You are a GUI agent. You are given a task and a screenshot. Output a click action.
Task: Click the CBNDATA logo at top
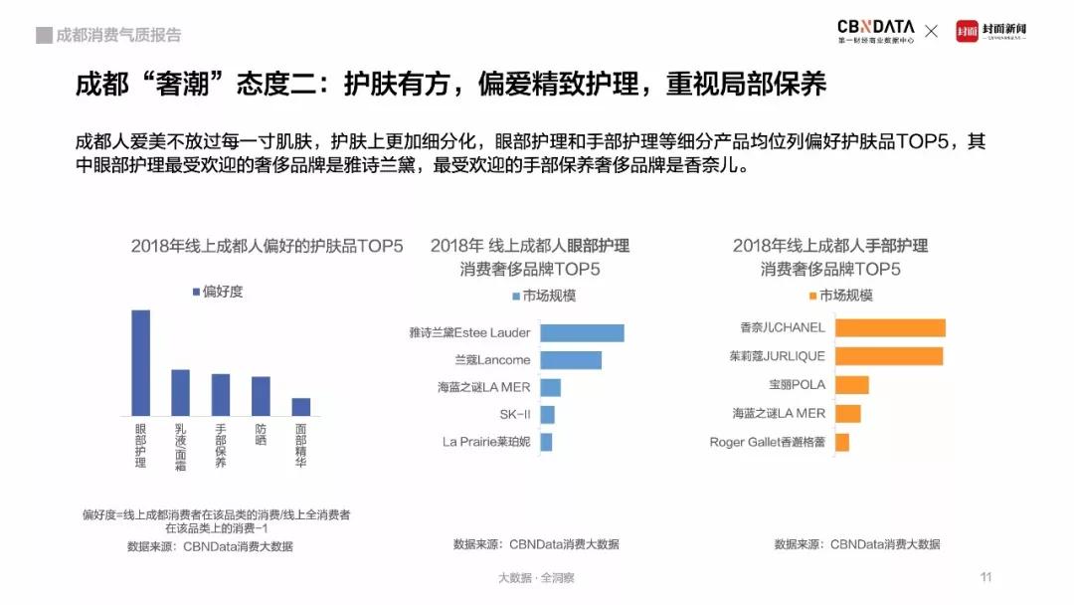pyautogui.click(x=875, y=31)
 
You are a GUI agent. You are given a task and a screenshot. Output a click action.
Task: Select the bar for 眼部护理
pyautogui.click(x=141, y=362)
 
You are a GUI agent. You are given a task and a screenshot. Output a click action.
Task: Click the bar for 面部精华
pyautogui.click(x=300, y=406)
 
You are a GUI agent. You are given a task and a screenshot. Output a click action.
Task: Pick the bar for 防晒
pyautogui.click(x=261, y=395)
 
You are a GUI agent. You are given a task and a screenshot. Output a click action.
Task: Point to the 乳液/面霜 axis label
pyautogui.click(x=180, y=446)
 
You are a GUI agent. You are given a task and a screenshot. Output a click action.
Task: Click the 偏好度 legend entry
pyautogui.click(x=217, y=292)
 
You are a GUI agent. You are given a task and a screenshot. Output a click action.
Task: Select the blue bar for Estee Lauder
pyautogui.click(x=582, y=332)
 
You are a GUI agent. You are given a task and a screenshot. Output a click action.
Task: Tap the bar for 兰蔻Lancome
pyautogui.click(x=571, y=359)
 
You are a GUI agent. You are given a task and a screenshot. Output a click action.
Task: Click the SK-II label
pyautogui.click(x=515, y=415)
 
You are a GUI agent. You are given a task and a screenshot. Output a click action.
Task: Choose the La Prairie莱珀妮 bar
pyautogui.click(x=546, y=442)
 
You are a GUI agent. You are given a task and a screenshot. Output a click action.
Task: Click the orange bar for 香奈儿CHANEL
pyautogui.click(x=890, y=327)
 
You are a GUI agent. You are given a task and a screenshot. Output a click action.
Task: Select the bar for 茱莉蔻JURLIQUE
pyautogui.click(x=889, y=355)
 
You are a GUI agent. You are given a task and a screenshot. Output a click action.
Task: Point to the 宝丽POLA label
pyautogui.click(x=797, y=384)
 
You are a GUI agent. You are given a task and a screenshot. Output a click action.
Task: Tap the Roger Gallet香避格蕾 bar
pyautogui.click(x=842, y=442)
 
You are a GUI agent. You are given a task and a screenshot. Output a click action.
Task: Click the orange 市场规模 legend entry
pyautogui.click(x=840, y=296)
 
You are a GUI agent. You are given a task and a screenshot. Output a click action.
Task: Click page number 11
pyautogui.click(x=986, y=577)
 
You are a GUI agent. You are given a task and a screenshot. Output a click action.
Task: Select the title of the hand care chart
pyautogui.click(x=830, y=257)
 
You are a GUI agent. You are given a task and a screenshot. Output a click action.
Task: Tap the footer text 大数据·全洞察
pyautogui.click(x=536, y=577)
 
